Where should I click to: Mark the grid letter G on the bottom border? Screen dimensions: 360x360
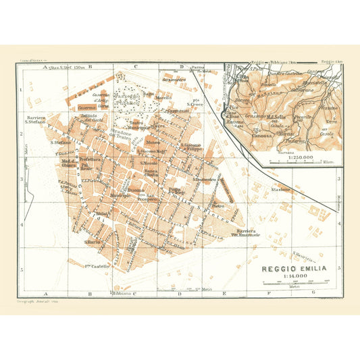click(x=312, y=294)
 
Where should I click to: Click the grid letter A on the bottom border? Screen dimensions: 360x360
click(x=45, y=294)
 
